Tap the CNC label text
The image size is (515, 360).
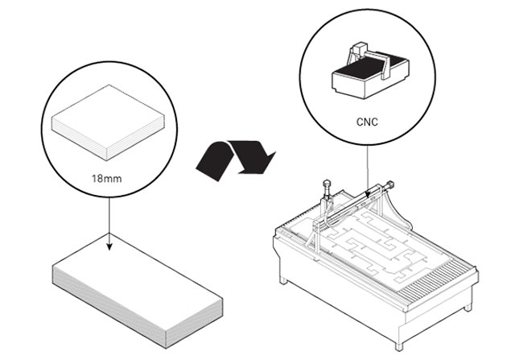tap(368, 124)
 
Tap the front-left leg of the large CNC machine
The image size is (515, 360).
tap(283, 278)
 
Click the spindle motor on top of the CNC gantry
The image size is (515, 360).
tap(328, 190)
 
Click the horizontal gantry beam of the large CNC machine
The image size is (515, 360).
tap(354, 205)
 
